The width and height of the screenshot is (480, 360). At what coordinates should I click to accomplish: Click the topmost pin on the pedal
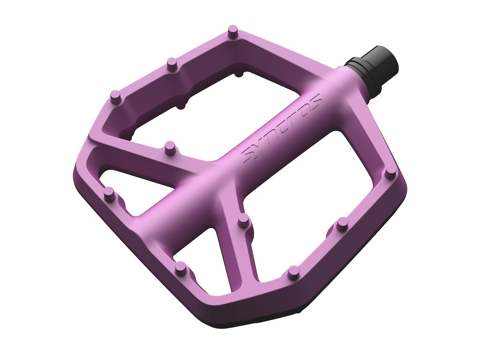tap(233, 32)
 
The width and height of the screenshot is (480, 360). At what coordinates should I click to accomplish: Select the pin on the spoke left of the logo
tap(169, 148)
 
